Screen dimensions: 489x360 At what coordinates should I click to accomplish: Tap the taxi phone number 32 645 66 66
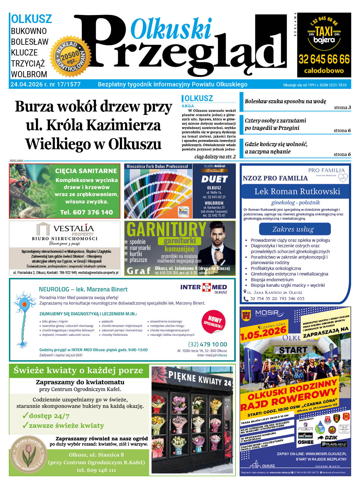(324, 59)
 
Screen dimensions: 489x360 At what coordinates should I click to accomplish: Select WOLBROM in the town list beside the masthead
(29, 74)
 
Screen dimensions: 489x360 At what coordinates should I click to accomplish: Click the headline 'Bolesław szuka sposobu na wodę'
(285, 101)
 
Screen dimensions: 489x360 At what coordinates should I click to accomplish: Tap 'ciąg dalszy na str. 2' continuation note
(215, 157)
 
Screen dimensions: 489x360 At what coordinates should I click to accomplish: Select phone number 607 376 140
(86, 212)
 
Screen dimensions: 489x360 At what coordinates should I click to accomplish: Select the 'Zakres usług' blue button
(294, 229)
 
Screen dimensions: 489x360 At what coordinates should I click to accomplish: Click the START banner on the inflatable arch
(293, 350)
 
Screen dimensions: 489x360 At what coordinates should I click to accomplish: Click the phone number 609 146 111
(96, 470)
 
